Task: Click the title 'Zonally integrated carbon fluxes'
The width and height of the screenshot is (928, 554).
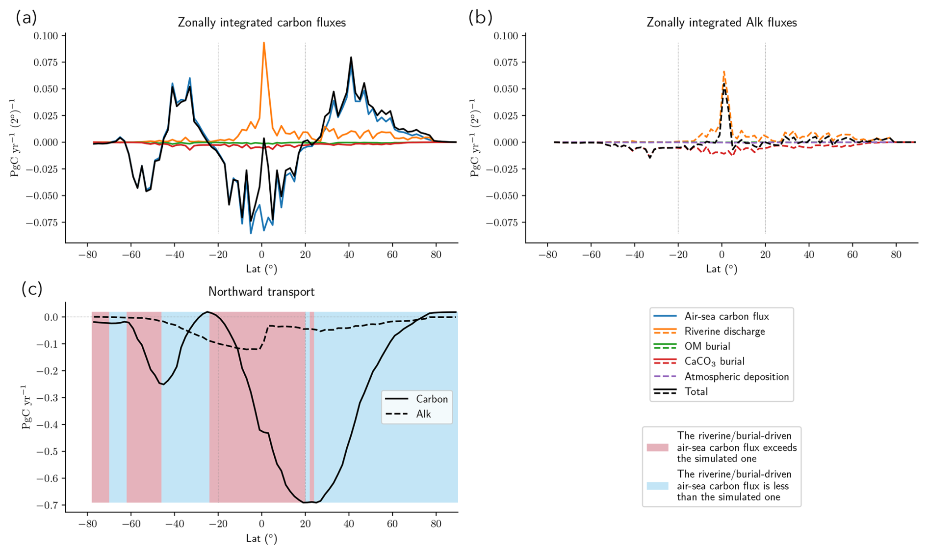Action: [261, 23]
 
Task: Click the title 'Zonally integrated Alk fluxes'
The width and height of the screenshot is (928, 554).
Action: [722, 23]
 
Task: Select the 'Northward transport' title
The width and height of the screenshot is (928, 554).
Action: [261, 292]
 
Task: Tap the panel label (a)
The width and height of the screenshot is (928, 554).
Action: [26, 18]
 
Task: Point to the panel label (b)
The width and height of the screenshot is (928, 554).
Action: [480, 18]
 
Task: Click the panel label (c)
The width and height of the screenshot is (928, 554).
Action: [32, 289]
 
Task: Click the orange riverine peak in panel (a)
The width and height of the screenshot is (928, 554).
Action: [264, 43]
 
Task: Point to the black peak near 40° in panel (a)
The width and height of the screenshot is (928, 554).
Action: [351, 57]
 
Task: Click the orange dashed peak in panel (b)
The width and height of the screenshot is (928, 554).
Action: [724, 72]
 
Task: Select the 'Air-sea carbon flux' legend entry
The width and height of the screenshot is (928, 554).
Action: [726, 316]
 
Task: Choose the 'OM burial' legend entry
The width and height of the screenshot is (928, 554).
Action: [707, 346]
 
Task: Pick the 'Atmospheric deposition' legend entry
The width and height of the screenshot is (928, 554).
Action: [736, 377]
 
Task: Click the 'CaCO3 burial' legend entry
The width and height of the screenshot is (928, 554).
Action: [714, 361]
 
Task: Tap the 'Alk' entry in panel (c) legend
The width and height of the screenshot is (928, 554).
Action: [423, 414]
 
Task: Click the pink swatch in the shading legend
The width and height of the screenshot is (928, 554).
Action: [657, 447]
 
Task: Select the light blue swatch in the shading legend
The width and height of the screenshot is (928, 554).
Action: [657, 486]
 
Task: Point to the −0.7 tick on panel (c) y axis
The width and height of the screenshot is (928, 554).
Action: [48, 505]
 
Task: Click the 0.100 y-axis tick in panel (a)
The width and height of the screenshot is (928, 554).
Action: [46, 35]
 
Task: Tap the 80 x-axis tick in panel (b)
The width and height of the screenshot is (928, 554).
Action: [896, 254]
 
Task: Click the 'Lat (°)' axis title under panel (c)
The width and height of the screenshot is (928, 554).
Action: [261, 538]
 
